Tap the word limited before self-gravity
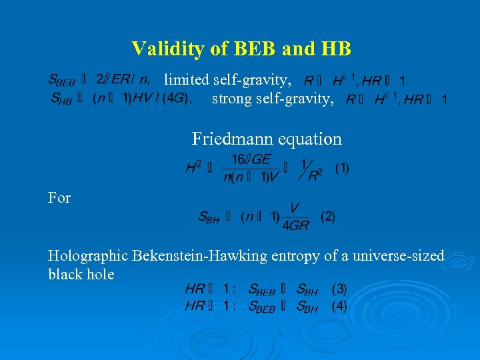187,80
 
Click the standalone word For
59,197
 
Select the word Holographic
88,255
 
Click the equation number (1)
341,168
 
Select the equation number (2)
327,217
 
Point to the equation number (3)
339,289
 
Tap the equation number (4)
339,307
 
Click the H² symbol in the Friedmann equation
194,168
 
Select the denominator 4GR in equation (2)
295,225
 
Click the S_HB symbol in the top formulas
62,99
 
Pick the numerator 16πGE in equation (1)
251,159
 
